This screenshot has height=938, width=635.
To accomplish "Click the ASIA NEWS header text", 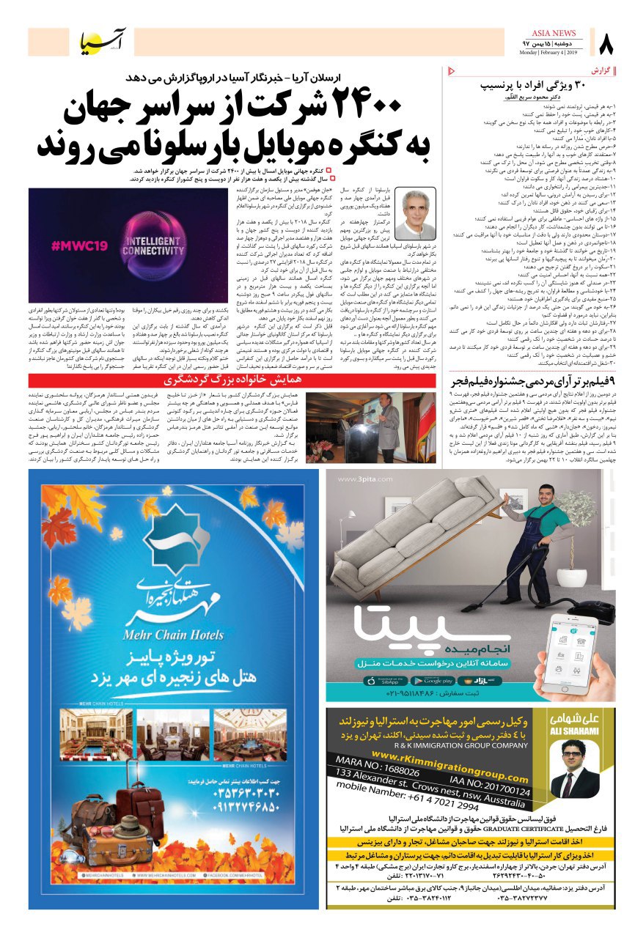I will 557,33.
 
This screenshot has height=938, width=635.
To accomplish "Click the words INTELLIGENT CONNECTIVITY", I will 163,248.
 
